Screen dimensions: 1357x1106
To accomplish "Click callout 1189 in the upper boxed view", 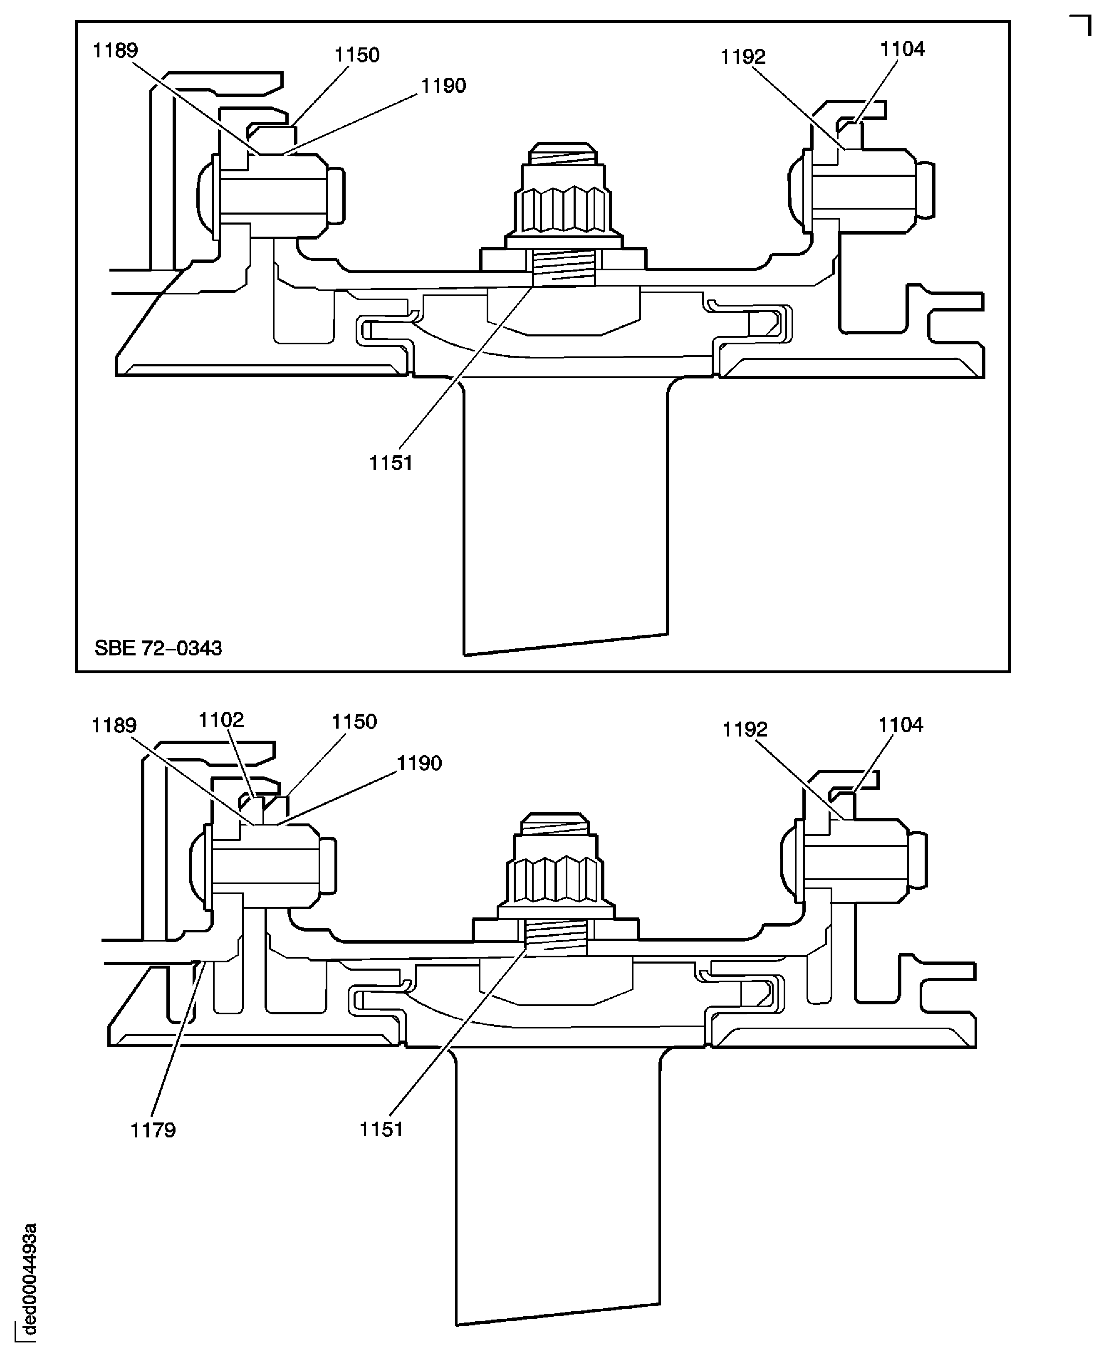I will [x=115, y=50].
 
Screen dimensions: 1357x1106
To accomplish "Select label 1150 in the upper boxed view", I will [x=357, y=55].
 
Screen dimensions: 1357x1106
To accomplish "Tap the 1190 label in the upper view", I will [x=443, y=86].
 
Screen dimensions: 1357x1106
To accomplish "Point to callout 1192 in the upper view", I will [x=743, y=57].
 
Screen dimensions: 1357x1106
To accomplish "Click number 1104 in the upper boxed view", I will [x=902, y=49].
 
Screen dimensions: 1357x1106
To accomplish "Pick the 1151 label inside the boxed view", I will [x=391, y=463].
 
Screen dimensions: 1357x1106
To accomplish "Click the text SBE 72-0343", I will [x=158, y=648].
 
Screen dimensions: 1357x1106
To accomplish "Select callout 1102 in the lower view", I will [x=221, y=720].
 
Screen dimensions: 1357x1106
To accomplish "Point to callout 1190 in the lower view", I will [x=418, y=763].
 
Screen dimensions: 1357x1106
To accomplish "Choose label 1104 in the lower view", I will [x=901, y=725].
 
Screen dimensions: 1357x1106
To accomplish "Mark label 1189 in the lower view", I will [x=114, y=726].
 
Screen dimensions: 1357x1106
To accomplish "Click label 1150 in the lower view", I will [x=354, y=722].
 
